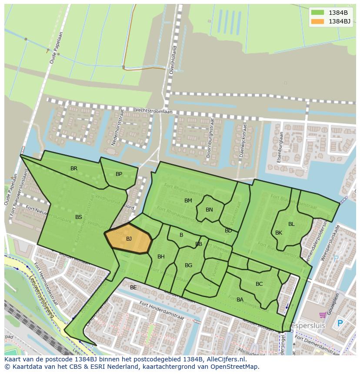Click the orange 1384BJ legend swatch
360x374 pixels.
pos(318,21)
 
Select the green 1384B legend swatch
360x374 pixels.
pos(318,13)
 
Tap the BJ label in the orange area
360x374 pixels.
pos(129,239)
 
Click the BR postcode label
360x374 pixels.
pos(74,169)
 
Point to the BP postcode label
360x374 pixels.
pos(119,174)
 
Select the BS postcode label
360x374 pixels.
pos(79,217)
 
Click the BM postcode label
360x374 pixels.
pos(188,201)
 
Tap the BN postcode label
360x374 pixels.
pos(209,210)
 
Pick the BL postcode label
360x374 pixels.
pos(291,224)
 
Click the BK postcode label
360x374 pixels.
pos(279,233)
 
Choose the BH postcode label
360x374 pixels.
pos(161,257)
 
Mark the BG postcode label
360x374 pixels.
pos(188,265)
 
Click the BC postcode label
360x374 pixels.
pos(259,284)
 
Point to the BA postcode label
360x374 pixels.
pos(240,300)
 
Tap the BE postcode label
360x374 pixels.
pos(133,288)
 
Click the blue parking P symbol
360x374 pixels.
pos(340,324)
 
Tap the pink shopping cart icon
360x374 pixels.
pos(323,315)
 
